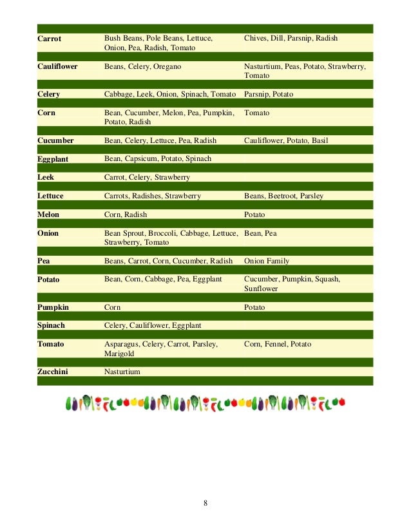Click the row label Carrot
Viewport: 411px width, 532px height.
click(x=50, y=39)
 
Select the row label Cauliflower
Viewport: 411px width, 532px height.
click(x=57, y=66)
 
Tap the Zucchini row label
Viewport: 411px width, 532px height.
click(x=53, y=372)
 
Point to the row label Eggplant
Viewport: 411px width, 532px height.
click(x=53, y=158)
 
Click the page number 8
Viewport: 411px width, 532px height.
click(x=205, y=503)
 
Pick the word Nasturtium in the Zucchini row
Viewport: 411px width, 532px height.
click(x=122, y=372)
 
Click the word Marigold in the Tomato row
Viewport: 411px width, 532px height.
click(x=119, y=354)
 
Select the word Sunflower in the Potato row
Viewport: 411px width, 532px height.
click(x=261, y=289)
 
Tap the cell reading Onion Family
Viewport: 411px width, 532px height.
click(x=267, y=261)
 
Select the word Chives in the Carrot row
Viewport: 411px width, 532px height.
click(x=255, y=39)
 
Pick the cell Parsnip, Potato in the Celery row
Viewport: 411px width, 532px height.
click(x=269, y=94)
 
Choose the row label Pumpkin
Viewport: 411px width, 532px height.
click(x=53, y=307)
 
